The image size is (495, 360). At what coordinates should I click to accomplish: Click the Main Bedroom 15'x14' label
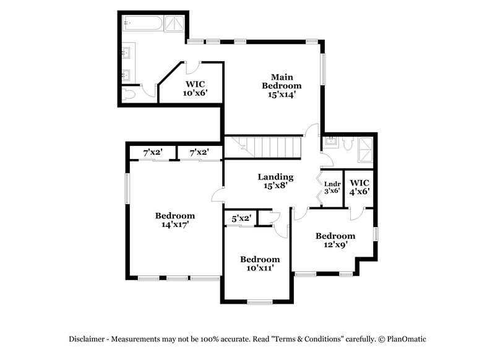[282, 85]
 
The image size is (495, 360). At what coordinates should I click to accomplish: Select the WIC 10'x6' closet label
[194, 88]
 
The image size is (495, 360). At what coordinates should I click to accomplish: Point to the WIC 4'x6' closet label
[359, 187]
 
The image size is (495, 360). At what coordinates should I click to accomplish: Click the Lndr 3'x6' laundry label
[332, 187]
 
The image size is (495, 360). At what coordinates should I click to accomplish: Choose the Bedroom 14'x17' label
[174, 220]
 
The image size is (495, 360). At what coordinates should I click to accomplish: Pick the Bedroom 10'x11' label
[260, 264]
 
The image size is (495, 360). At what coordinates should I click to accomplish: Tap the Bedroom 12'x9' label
[335, 240]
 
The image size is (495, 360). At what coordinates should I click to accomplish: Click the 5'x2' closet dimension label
[241, 218]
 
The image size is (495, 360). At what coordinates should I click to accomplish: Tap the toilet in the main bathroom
[128, 94]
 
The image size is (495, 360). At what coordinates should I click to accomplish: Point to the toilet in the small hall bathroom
[347, 144]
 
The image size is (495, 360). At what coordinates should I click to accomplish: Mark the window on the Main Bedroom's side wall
[322, 68]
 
